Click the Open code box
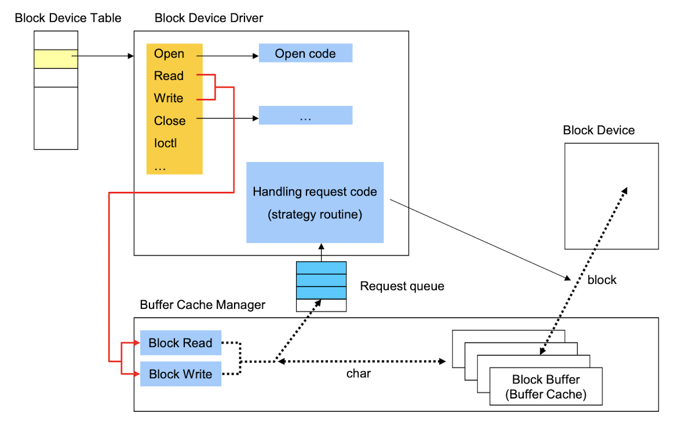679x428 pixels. (x=305, y=53)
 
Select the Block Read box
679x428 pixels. (x=180, y=343)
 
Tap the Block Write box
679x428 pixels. (x=180, y=374)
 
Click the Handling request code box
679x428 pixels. (x=315, y=202)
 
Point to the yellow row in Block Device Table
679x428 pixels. (x=56, y=59)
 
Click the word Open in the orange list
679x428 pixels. (x=169, y=54)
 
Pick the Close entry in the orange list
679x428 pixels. (x=170, y=121)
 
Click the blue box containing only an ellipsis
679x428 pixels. (x=305, y=116)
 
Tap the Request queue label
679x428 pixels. (x=402, y=286)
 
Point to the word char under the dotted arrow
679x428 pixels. (x=359, y=374)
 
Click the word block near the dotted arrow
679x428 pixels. (x=602, y=280)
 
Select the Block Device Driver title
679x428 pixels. (x=209, y=18)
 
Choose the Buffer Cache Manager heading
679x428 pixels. (x=203, y=305)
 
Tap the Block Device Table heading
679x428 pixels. (x=68, y=18)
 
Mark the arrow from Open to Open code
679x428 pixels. (x=228, y=56)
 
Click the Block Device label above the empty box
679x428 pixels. (x=598, y=130)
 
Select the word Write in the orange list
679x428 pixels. (x=169, y=98)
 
